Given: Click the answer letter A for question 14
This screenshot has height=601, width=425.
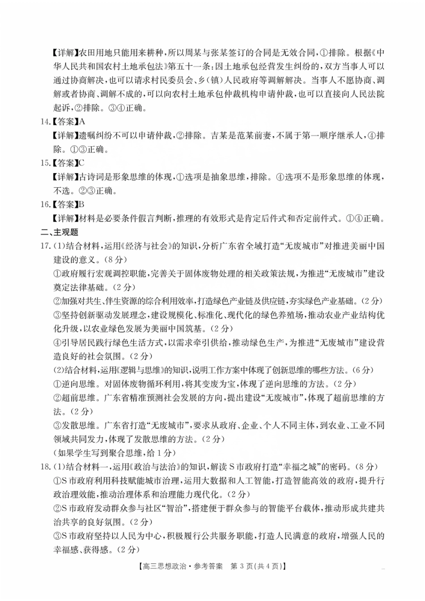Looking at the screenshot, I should (82, 122).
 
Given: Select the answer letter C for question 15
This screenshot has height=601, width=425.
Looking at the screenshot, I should (82, 163).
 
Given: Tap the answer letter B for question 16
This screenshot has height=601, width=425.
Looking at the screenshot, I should (82, 204).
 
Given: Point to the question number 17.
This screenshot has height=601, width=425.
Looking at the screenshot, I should (45, 246).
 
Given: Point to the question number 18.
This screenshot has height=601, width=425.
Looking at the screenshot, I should (45, 467).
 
